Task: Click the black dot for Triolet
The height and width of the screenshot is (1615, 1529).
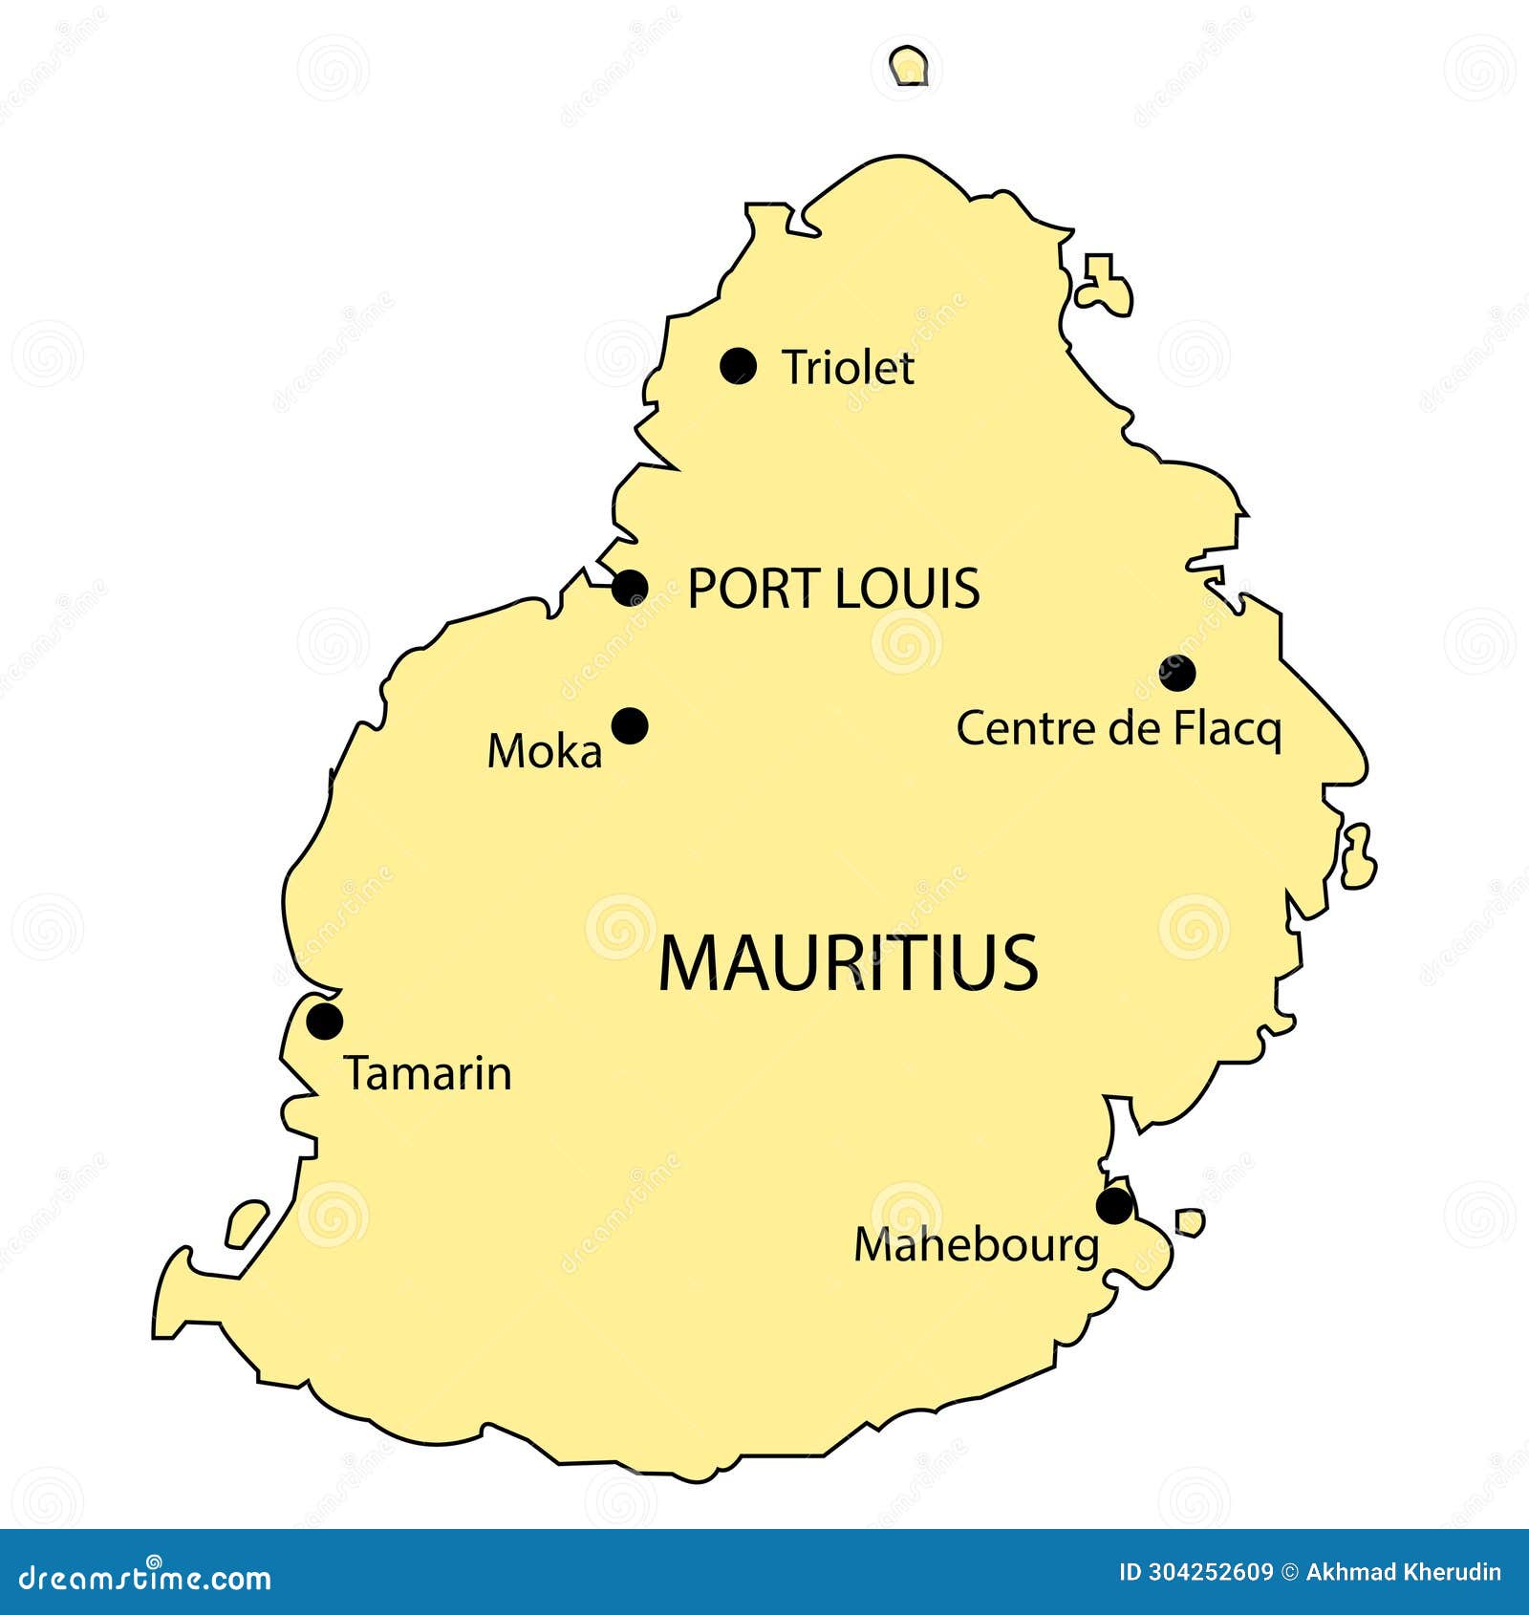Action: [738, 366]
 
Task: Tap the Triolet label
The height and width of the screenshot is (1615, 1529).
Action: [848, 368]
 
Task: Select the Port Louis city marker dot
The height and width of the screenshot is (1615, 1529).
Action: [630, 588]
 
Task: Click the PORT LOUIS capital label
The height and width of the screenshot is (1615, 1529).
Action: [833, 589]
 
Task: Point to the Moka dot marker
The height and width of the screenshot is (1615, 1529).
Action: [630, 726]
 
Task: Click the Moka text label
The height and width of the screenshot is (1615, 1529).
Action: [545, 751]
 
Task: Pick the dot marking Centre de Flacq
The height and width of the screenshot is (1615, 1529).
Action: [1177, 674]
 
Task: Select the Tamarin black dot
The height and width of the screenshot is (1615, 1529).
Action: [325, 1022]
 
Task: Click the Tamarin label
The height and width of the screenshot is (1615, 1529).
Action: [428, 1073]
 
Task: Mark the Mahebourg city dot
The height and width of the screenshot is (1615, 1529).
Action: [1114, 1206]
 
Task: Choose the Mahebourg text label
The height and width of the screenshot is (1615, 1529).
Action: [977, 1246]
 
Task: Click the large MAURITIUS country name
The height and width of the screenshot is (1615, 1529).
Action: [848, 963]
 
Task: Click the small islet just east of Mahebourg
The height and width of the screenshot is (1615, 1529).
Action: [1190, 1222]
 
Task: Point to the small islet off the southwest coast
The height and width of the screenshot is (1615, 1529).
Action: [247, 1224]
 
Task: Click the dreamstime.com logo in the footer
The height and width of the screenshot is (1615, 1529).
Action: [145, 1577]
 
